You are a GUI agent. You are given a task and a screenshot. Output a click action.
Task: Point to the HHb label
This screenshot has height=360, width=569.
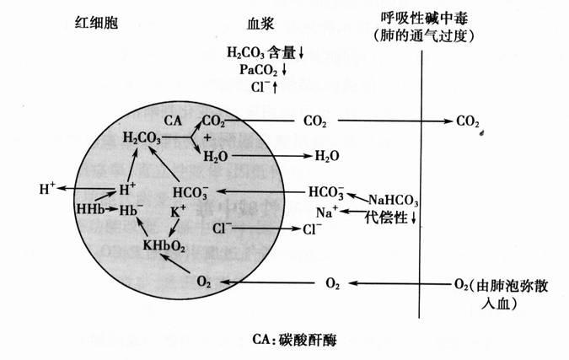(89, 208)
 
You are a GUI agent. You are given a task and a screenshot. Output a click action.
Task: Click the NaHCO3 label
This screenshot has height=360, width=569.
(392, 199)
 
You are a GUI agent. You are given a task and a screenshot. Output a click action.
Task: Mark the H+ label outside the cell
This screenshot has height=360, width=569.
(46, 188)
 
